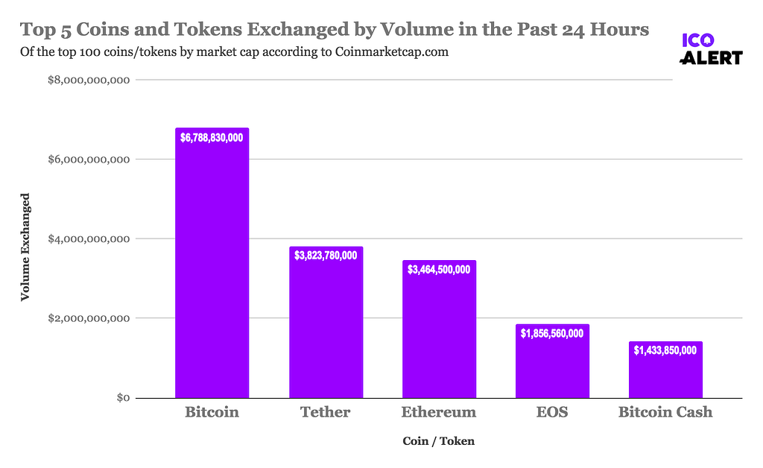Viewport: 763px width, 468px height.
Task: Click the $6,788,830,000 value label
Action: point(212,137)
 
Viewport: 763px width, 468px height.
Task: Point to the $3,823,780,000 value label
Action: point(326,256)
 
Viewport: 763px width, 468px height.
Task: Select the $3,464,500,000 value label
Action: point(439,269)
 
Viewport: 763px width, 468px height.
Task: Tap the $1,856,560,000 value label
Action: point(552,333)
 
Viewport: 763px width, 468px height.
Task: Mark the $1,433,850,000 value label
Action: point(665,350)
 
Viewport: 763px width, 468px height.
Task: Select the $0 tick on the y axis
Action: point(124,398)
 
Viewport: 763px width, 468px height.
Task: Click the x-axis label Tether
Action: point(325,412)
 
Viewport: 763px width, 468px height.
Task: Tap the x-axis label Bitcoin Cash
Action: point(665,412)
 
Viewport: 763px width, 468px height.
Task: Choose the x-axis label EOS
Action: point(551,412)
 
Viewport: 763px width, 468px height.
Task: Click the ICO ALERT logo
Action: point(712,48)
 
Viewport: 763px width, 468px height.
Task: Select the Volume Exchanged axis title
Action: point(25,247)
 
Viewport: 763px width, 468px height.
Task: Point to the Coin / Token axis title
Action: point(438,441)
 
